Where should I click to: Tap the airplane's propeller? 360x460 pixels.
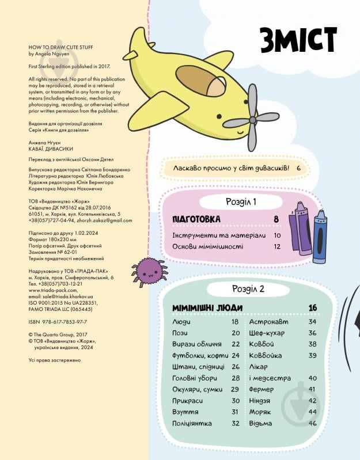(x=251, y=119)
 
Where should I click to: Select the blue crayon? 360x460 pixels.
(x=320, y=237)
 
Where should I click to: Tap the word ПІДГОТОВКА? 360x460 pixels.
(x=196, y=219)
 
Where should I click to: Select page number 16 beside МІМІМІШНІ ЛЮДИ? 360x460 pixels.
(x=313, y=307)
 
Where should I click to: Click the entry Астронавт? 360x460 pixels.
(x=269, y=322)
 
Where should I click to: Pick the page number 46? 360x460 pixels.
(x=313, y=423)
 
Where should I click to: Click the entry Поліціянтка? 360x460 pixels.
(x=192, y=423)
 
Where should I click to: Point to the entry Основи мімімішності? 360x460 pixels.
(x=207, y=246)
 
